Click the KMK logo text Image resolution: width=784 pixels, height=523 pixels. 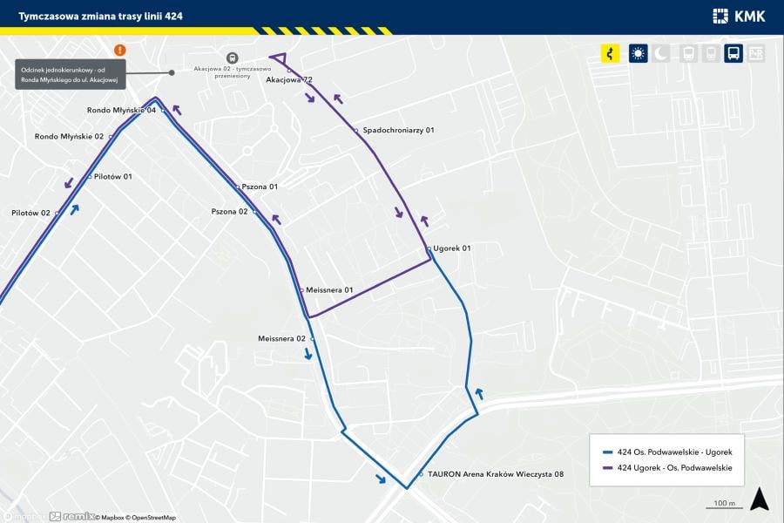750,16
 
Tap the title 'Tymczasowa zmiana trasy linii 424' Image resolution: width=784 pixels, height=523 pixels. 101,16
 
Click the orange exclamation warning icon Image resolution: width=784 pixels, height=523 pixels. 119,51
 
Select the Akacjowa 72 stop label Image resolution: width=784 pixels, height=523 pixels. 289,80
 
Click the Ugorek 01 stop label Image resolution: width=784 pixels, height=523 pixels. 453,248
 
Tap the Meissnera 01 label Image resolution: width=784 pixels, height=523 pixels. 329,290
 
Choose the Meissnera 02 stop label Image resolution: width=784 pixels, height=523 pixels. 282,338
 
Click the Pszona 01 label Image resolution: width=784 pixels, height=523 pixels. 260,187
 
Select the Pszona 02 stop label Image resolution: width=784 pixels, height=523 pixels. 230,212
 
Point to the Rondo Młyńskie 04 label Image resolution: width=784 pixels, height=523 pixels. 121,111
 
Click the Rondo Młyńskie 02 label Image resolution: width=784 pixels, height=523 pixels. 69,137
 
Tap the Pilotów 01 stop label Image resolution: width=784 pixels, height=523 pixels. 112,177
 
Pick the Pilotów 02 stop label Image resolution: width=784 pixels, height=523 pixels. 31,213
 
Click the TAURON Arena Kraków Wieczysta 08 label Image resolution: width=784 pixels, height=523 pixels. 496,474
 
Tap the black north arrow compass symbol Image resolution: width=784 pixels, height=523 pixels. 760,499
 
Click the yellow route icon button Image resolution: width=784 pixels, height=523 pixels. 611,53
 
